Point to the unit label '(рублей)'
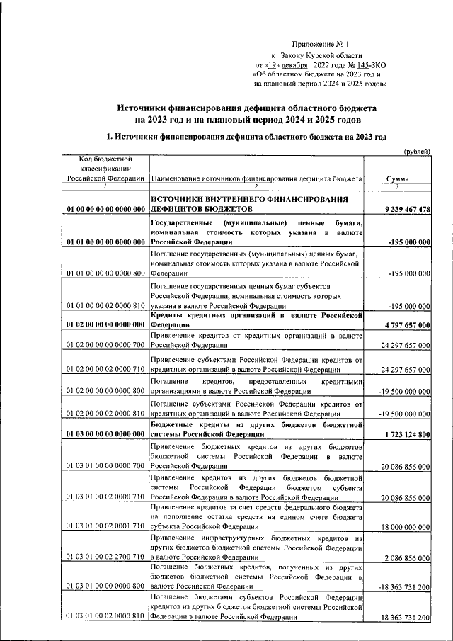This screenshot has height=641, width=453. (416, 152)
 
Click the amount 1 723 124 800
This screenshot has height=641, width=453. (405, 433)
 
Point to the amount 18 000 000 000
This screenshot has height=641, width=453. (405, 527)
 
